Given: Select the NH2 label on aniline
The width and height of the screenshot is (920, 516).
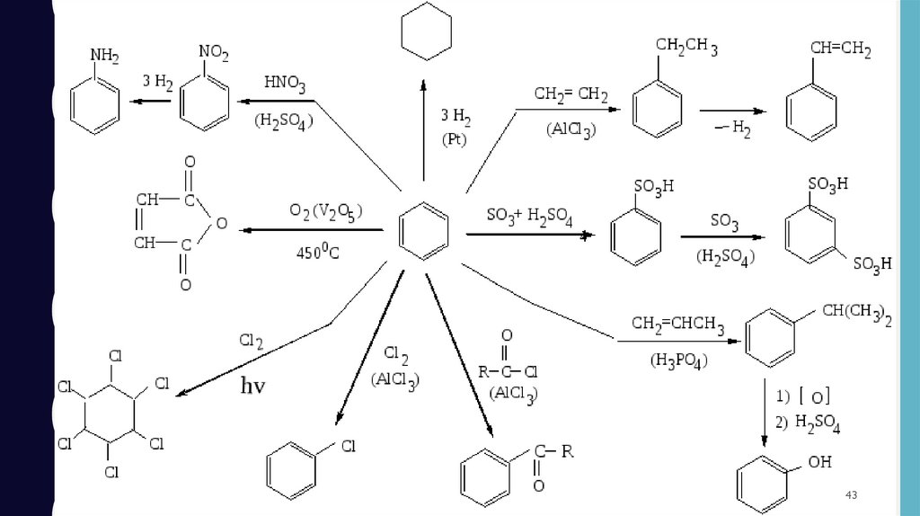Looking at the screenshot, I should pos(105,57).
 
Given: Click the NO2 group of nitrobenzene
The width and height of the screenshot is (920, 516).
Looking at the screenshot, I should pos(214,54).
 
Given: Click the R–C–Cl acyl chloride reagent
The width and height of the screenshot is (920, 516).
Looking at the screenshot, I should pos(509,369).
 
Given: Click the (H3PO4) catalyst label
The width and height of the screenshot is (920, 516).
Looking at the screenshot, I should pos(678,362).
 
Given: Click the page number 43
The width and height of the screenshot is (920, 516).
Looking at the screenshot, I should pos(852,497).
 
